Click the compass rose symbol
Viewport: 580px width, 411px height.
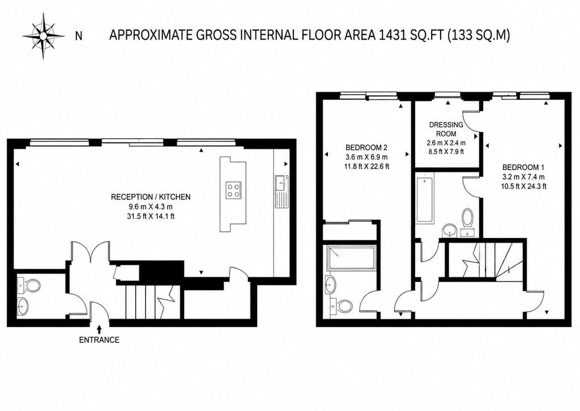click(x=43, y=36)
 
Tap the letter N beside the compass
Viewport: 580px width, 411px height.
click(x=78, y=36)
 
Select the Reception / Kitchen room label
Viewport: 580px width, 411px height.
click(x=151, y=197)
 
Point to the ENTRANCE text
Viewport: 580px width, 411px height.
click(x=99, y=340)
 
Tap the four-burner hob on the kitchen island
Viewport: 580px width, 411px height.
click(x=233, y=190)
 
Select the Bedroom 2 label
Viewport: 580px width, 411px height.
click(x=361, y=147)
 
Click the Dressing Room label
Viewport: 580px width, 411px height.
click(x=446, y=129)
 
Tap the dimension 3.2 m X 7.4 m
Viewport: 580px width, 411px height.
click(x=523, y=177)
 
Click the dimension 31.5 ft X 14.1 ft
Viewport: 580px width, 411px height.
click(x=151, y=217)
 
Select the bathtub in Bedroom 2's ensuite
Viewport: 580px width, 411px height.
click(x=350, y=258)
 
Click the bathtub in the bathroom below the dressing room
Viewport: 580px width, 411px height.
click(x=424, y=199)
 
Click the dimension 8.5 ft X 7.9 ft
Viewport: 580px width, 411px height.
click(x=446, y=151)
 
